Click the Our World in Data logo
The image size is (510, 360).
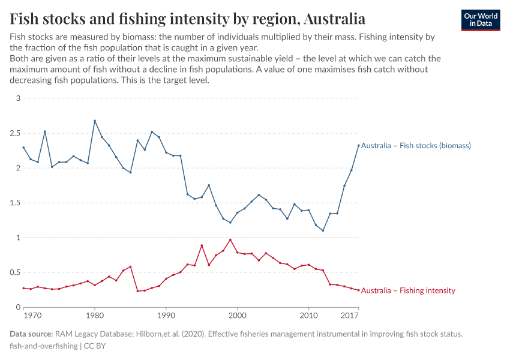481,20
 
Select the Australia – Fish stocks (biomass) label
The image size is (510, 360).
416,146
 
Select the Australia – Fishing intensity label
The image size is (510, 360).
408,290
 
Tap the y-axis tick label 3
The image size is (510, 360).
18,98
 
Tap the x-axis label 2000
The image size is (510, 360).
238,315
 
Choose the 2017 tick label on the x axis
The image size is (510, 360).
350,315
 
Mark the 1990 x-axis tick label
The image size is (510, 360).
166,315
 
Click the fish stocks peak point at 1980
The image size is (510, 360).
95,121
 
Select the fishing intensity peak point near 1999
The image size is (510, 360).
230,239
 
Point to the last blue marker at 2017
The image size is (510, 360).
359,145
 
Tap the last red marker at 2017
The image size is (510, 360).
359,290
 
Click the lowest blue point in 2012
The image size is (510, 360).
323,230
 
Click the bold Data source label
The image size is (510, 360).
31,334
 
